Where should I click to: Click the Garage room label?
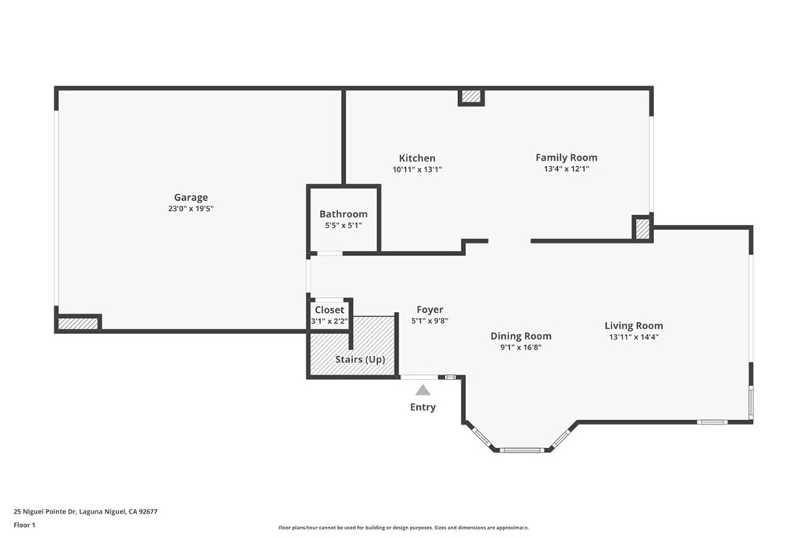[x=191, y=198]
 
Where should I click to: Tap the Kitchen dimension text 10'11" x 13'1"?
[x=418, y=169]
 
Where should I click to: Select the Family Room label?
[x=566, y=158]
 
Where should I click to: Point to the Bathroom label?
[x=344, y=214]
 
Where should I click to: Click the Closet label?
[x=329, y=310]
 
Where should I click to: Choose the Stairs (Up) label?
[x=360, y=359]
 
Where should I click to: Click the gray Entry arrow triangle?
[x=423, y=390]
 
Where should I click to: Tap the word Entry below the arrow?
[x=423, y=407]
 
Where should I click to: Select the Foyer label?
[x=430, y=310]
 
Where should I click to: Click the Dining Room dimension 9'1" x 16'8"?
[x=521, y=347]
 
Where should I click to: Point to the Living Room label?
[x=634, y=325]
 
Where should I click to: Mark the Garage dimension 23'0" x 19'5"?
[x=191, y=209]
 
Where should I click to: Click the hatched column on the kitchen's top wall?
[x=471, y=96]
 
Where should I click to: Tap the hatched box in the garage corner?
[x=78, y=324]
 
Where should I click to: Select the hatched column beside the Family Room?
[x=642, y=228]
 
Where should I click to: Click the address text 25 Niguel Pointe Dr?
[x=45, y=512]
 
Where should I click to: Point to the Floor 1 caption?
[x=24, y=525]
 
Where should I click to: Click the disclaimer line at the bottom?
[x=403, y=528]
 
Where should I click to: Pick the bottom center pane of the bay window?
[x=522, y=450]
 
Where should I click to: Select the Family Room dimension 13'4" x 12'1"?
[x=566, y=169]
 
